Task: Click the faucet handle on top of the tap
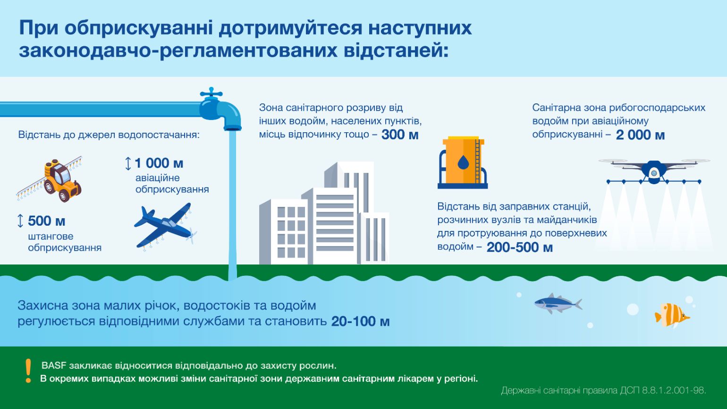coord(211,93)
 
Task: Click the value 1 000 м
coord(159,163)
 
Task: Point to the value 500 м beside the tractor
coord(46,221)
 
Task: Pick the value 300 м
coord(400,135)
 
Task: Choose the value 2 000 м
coord(640,135)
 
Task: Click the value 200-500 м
coord(520,247)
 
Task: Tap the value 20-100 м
coord(360,321)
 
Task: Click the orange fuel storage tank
coord(463,162)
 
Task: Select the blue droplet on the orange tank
coord(463,162)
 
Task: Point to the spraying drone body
coord(654,172)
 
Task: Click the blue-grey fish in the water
coord(558,304)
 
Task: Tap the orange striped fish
coord(672,315)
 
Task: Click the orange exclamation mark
coord(28,371)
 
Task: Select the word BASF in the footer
coord(53,366)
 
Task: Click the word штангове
coord(51,237)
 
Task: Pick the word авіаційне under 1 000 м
coord(157,178)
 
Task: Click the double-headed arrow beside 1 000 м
coord(128,163)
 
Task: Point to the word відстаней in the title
coord(396,51)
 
